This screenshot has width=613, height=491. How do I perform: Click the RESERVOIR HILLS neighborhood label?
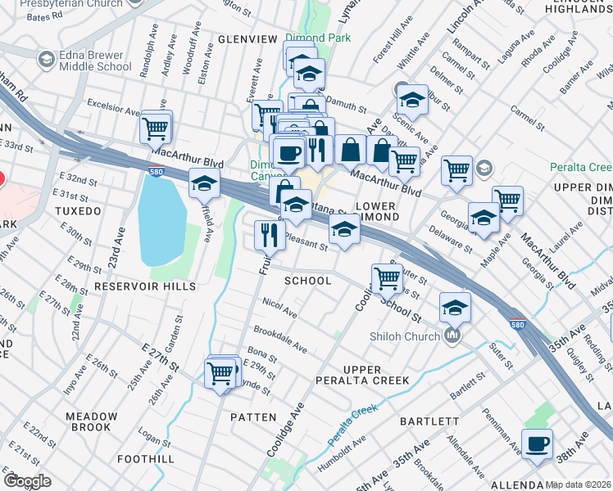pyautogui.click(x=145, y=286)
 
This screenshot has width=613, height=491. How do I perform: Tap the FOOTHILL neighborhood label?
pyautogui.click(x=146, y=459)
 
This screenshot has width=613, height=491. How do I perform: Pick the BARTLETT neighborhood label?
pyautogui.click(x=429, y=421)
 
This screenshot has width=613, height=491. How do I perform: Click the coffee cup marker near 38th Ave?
pyautogui.click(x=537, y=444)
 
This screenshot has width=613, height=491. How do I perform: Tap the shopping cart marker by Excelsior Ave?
pyautogui.click(x=156, y=127)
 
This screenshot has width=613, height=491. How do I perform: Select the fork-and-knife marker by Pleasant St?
pyautogui.click(x=270, y=236)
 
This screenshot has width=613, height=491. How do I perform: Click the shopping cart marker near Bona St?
pyautogui.click(x=222, y=372)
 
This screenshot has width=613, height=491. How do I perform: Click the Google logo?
pyautogui.click(x=27, y=481)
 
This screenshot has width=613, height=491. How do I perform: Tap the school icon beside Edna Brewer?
pyautogui.click(x=46, y=60)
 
